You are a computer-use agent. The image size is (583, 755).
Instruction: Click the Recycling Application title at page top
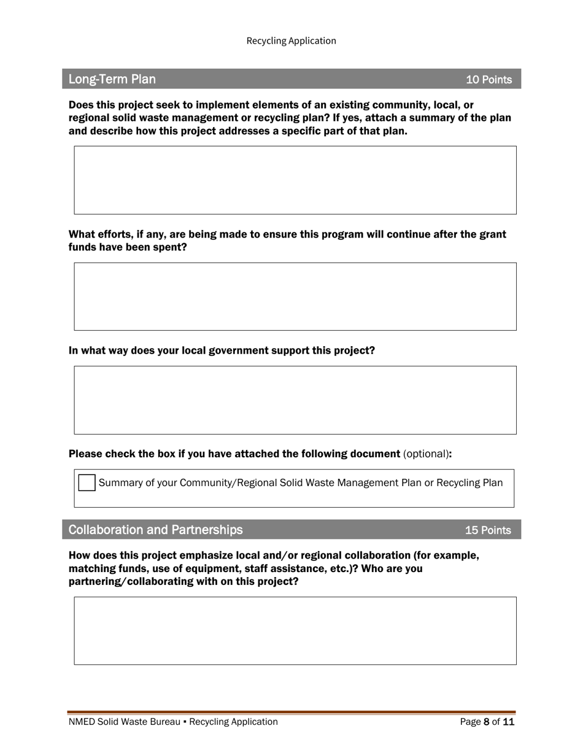(291, 41)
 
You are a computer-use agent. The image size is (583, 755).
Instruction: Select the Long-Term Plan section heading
(112, 79)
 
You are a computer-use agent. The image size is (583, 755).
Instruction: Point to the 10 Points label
(488, 80)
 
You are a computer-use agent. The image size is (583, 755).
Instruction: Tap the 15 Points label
(488, 530)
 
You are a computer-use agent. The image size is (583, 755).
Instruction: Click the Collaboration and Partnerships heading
(155, 530)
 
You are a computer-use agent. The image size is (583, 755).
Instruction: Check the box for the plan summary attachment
(87, 483)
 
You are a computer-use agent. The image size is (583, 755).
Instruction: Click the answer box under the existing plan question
(295, 180)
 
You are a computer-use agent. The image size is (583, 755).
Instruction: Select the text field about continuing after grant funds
(295, 296)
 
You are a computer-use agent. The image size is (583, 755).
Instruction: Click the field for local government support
(295, 400)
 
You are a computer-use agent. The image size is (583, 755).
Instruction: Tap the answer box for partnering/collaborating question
(295, 630)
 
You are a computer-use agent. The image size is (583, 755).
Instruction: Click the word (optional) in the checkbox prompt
(426, 454)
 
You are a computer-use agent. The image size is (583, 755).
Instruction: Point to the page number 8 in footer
(487, 722)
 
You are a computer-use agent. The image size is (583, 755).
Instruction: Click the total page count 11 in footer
(509, 722)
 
